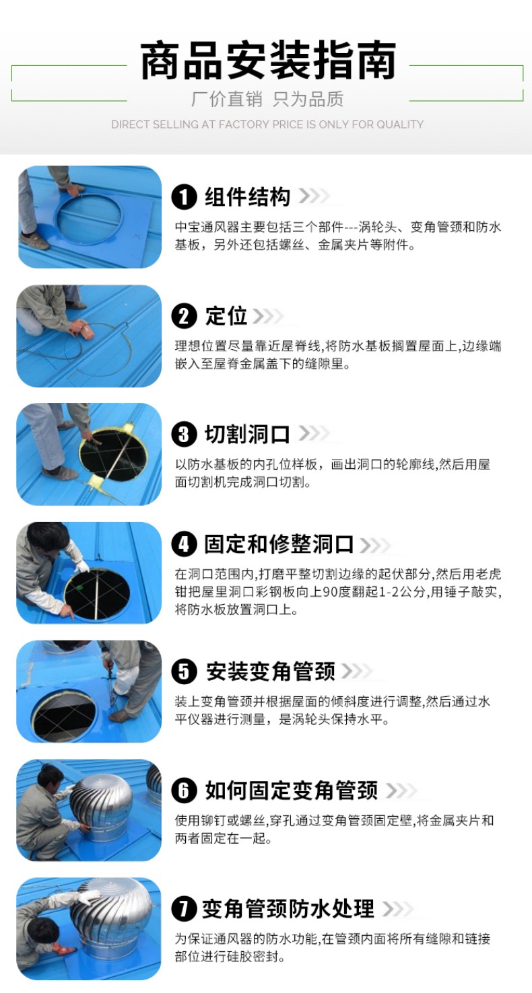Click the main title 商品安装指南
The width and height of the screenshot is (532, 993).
click(x=268, y=61)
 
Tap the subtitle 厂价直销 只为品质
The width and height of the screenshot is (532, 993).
click(x=267, y=99)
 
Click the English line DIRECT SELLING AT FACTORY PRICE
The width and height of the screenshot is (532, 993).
click(x=267, y=124)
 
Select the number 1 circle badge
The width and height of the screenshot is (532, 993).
click(x=184, y=197)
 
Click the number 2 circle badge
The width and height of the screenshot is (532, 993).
click(x=184, y=316)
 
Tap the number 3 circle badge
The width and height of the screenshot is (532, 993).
click(x=184, y=435)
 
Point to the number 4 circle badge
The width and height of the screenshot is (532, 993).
click(x=184, y=544)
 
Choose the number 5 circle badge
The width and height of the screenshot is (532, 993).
click(x=184, y=671)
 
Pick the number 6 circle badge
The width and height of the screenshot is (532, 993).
click(x=184, y=790)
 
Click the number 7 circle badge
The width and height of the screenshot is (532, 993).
click(x=184, y=908)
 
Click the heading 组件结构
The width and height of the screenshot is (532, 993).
click(x=247, y=197)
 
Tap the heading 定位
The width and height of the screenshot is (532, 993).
click(x=226, y=316)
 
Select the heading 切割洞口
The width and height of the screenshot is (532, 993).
click(x=247, y=435)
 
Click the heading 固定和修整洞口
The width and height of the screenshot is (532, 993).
click(x=279, y=544)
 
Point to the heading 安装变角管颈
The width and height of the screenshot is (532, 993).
click(x=271, y=671)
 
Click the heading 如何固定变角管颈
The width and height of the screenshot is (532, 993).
click(x=292, y=790)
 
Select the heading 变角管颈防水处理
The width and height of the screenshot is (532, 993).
click(x=288, y=908)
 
